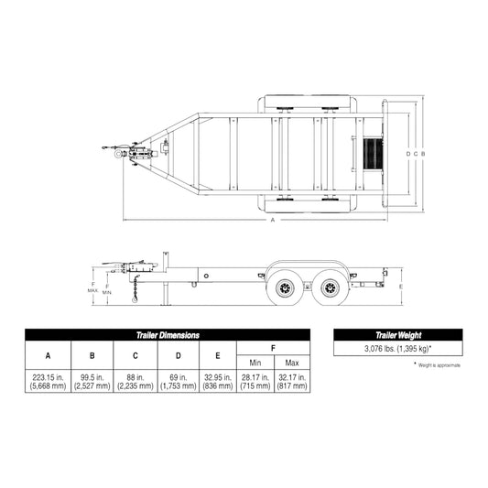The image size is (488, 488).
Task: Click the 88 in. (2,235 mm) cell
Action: click(x=135, y=382)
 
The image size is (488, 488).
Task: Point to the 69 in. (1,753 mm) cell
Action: click(x=178, y=382)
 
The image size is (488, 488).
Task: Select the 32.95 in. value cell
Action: click(x=217, y=382)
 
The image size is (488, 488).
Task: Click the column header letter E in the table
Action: click(x=217, y=355)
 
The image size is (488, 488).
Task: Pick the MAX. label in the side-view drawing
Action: click(x=93, y=290)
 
